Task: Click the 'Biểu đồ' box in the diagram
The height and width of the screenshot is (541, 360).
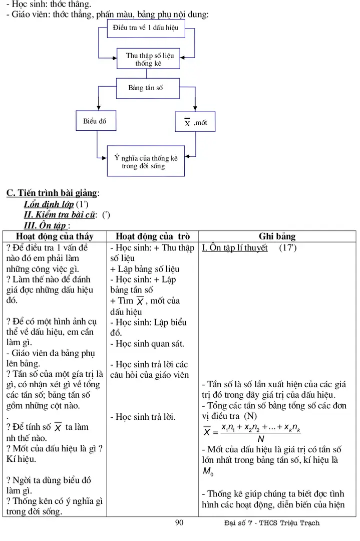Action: point(95,121)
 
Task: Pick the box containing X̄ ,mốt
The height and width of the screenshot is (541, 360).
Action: point(195,122)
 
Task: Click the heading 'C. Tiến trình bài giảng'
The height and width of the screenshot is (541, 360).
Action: point(52,193)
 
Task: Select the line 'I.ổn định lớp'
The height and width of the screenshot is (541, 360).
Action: point(49,204)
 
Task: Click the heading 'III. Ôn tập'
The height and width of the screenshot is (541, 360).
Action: point(46,226)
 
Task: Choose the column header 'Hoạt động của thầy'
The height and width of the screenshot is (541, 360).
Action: point(55,236)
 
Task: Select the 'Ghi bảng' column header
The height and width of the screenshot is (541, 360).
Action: point(277,236)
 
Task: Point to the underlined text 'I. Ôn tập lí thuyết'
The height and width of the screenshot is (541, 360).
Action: point(235,247)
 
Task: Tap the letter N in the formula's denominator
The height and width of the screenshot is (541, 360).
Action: point(260,439)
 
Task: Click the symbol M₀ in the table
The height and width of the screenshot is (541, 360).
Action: point(208,471)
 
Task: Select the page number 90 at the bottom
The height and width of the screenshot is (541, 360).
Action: point(179,523)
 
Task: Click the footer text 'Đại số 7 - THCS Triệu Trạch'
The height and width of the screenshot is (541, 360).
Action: point(272,523)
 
